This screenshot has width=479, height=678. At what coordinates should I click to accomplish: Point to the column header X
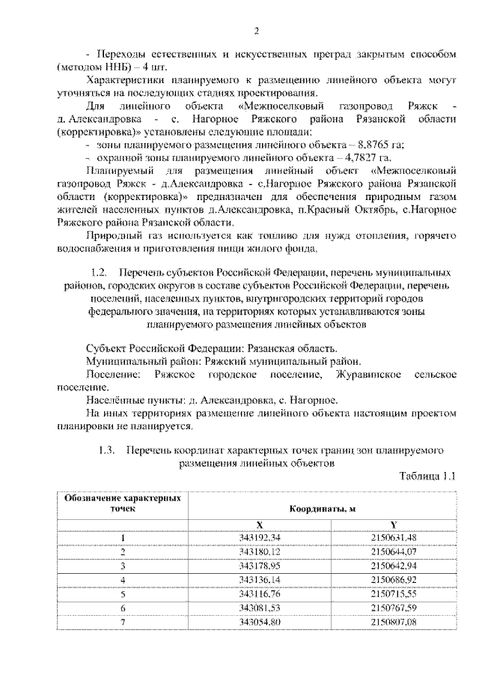(x=258, y=525)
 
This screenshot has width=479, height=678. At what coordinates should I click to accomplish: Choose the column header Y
(x=393, y=525)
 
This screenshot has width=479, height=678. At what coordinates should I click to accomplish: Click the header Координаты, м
(x=322, y=509)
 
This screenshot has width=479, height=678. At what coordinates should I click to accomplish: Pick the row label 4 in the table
(x=122, y=580)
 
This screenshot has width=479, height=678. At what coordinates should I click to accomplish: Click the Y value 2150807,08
(x=393, y=622)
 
